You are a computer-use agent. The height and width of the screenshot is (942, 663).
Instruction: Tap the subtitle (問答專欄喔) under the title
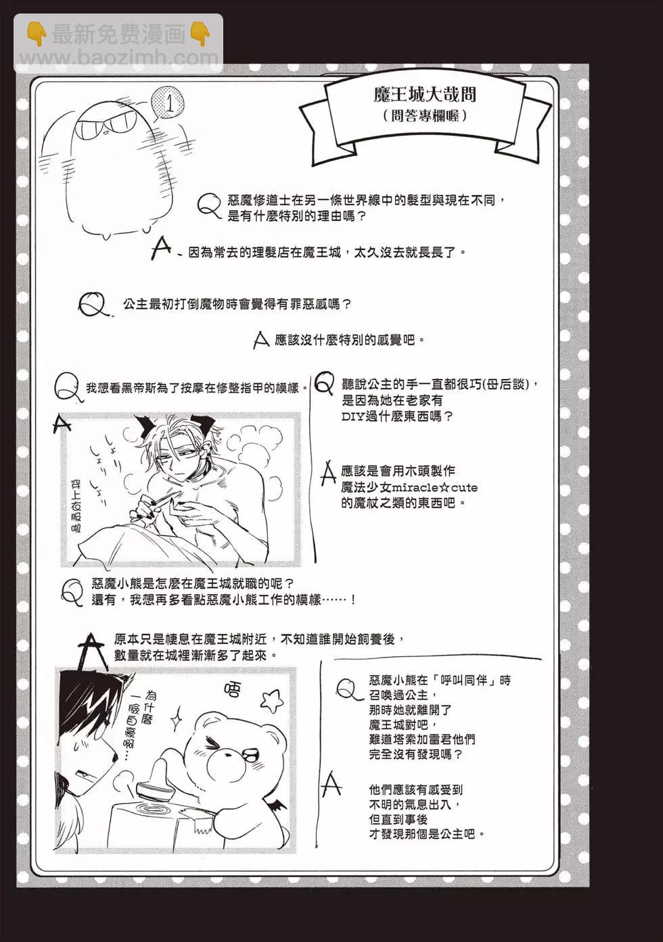click(x=425, y=116)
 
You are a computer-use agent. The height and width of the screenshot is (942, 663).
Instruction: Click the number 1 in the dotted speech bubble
click(x=170, y=103)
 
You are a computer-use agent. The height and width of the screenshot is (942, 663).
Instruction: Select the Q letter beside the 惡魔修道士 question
click(x=209, y=206)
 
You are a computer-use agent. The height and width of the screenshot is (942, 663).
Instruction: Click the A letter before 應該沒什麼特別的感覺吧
click(x=261, y=340)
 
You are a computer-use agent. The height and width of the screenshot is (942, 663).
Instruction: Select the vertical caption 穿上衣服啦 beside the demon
click(x=76, y=507)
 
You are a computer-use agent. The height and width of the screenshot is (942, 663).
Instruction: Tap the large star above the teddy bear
click(x=270, y=701)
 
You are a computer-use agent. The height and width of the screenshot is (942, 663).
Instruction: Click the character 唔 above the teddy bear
click(x=232, y=690)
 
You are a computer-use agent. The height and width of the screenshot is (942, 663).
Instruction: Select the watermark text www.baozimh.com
click(x=119, y=58)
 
